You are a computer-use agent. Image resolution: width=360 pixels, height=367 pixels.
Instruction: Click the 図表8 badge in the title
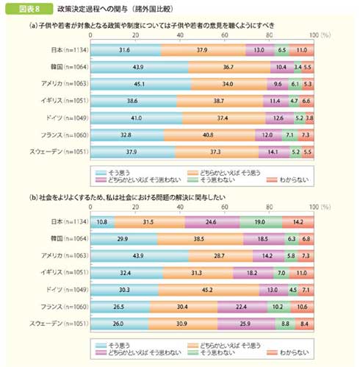[25, 9]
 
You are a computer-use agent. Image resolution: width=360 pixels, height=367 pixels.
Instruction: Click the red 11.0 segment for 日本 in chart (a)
[301, 50]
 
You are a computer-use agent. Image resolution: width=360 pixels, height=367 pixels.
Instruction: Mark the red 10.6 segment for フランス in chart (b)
[303, 305]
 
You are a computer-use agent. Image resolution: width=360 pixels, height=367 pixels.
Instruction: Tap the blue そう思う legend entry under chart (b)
[115, 343]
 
